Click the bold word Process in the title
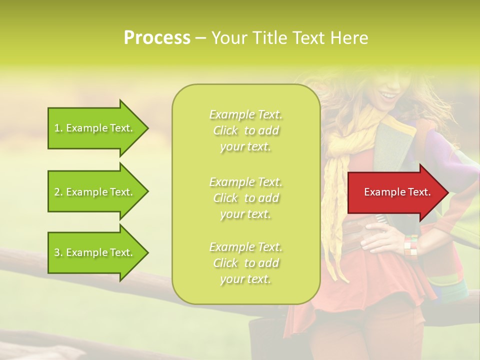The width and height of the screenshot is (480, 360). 157,38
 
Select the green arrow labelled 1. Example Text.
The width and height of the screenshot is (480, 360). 95,128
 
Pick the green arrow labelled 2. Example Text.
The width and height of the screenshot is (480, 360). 95,192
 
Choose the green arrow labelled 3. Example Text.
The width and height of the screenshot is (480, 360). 95,252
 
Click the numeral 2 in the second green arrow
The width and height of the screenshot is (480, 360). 57,192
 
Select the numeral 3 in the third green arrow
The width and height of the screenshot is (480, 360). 57,252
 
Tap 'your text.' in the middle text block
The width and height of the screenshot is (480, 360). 245,214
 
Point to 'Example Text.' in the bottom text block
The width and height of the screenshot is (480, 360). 245,247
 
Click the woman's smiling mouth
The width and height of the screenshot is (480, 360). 386,95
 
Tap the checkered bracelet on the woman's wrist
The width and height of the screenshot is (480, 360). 410,245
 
